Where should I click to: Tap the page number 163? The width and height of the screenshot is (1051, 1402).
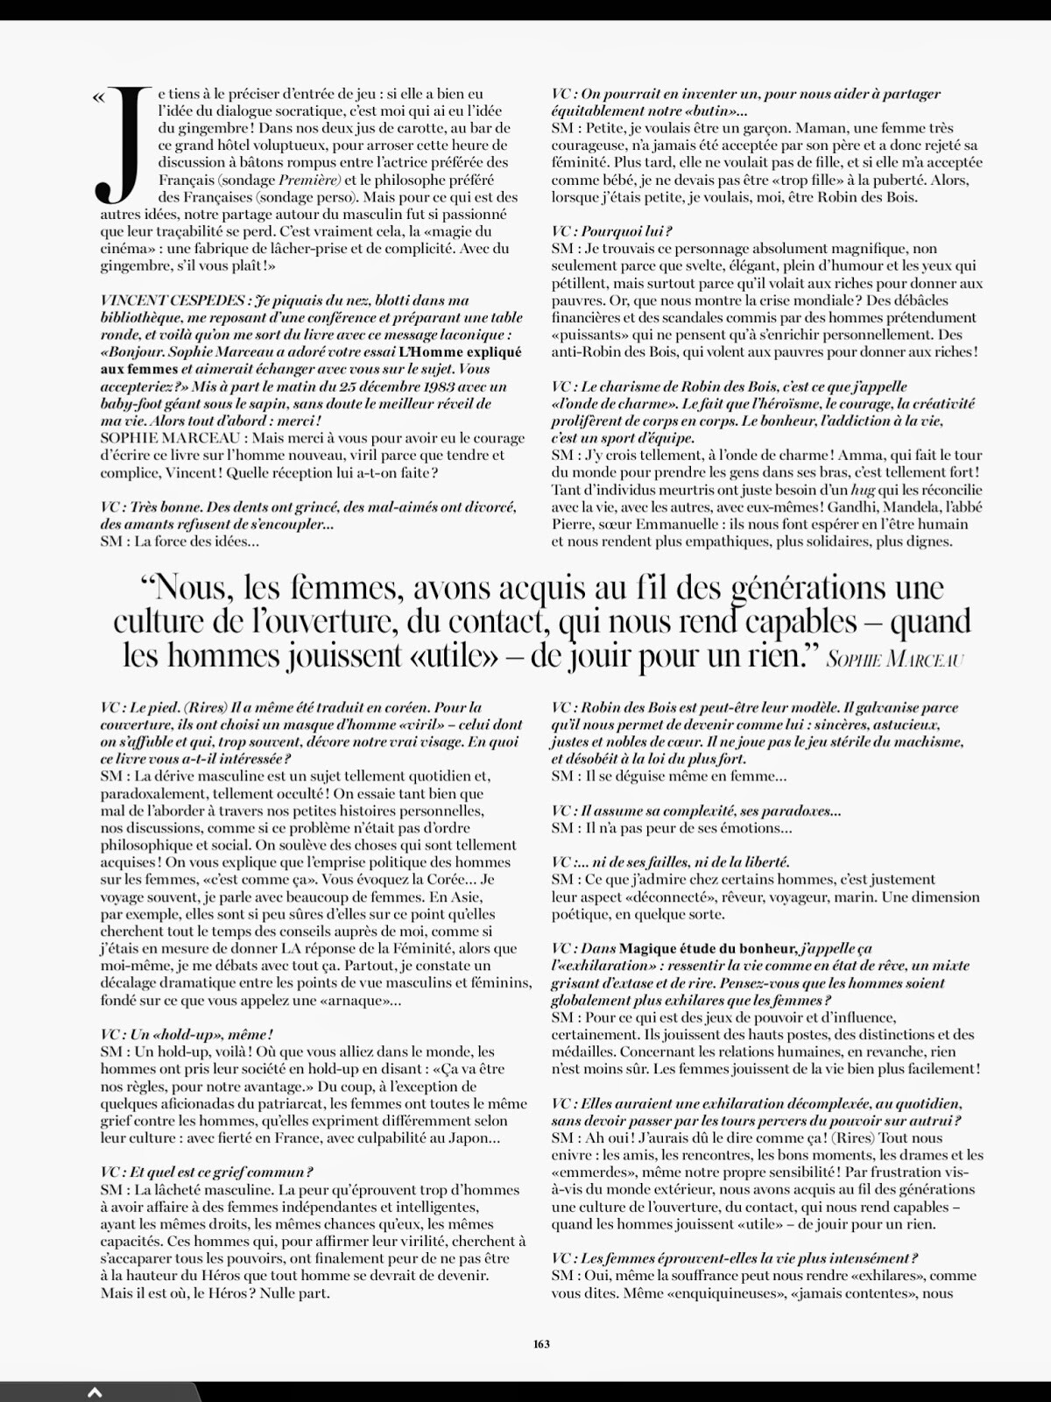(x=541, y=1343)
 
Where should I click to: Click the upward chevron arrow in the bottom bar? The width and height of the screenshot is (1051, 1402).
(x=95, y=1391)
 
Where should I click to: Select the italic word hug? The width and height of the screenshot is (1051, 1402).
(x=839, y=490)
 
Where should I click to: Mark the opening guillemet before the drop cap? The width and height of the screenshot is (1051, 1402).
(x=96, y=97)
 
